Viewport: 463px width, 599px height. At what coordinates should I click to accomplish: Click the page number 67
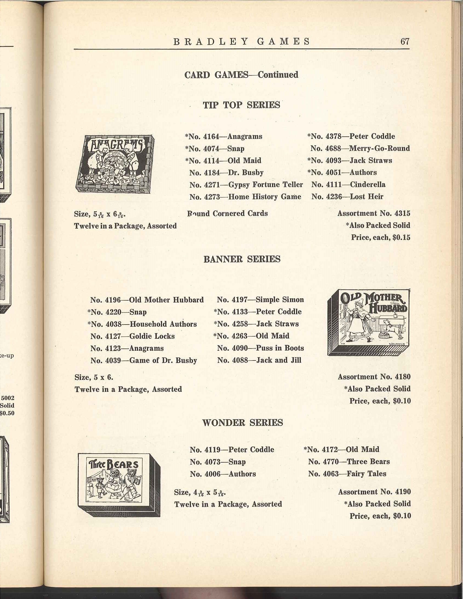[404, 41]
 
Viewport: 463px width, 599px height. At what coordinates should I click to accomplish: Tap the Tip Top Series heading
[241, 105]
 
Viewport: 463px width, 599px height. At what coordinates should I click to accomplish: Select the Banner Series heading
[242, 259]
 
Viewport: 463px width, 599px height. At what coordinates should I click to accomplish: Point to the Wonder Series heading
[242, 422]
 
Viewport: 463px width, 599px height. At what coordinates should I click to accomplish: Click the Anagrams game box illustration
[115, 164]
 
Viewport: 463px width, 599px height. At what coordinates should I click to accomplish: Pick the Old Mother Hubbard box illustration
[369, 323]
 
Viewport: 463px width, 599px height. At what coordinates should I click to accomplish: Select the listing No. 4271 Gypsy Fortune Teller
[246, 185]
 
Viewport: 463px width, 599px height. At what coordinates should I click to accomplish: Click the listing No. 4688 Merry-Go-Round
[360, 148]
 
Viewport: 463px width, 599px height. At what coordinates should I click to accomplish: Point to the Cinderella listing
[348, 184]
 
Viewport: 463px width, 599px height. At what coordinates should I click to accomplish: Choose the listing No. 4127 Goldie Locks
[132, 336]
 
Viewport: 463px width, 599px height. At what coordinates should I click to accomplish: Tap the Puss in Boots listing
[260, 348]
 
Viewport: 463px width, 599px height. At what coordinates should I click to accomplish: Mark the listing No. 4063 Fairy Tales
[347, 474]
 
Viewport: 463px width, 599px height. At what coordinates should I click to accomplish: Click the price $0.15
[401, 237]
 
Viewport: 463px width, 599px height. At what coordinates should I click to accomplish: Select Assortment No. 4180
[374, 377]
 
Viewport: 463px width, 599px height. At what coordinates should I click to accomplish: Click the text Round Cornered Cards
[227, 213]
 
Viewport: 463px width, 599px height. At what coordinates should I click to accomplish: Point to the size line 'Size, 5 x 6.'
[94, 377]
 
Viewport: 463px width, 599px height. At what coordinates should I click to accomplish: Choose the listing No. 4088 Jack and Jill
[259, 360]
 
